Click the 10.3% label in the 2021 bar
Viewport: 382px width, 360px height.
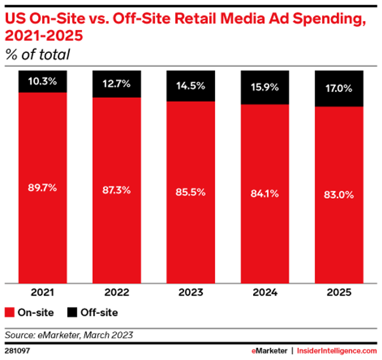42,81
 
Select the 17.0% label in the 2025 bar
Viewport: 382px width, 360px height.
339,90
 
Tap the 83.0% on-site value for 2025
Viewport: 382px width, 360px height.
339,195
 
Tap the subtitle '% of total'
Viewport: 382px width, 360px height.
38,55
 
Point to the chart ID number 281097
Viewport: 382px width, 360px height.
18,351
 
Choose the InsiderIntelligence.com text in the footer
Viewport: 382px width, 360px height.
336,351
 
